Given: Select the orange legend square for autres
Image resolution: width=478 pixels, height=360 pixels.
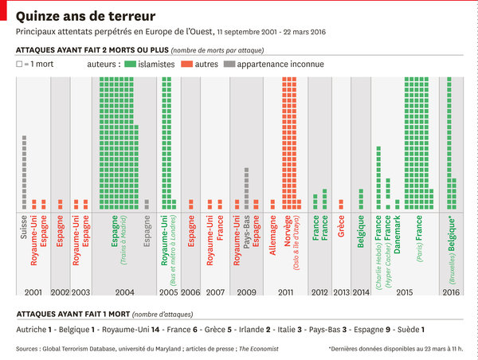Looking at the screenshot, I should tap(189, 63).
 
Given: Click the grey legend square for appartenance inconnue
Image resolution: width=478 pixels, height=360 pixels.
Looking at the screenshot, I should tap(229, 63).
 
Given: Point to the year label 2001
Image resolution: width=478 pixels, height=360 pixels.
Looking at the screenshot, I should tap(33, 293).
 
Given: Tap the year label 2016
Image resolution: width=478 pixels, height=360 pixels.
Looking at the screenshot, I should tap(451, 293).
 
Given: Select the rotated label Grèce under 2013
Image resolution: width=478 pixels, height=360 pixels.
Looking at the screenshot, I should tap(341, 229).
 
